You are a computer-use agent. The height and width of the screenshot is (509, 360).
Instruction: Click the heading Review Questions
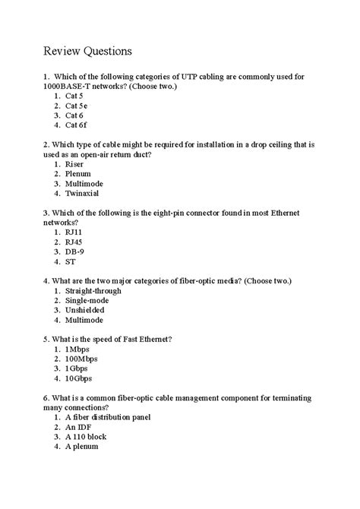[87, 51]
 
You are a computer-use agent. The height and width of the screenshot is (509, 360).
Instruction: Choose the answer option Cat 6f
[76, 125]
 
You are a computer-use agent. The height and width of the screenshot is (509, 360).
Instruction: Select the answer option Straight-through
[93, 290]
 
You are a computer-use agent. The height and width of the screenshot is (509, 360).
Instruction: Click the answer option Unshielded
[85, 310]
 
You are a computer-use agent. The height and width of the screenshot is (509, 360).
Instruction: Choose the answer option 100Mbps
[81, 359]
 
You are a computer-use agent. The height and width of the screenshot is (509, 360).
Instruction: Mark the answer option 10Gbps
[79, 378]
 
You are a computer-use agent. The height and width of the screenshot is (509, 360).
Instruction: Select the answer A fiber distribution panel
[108, 417]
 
